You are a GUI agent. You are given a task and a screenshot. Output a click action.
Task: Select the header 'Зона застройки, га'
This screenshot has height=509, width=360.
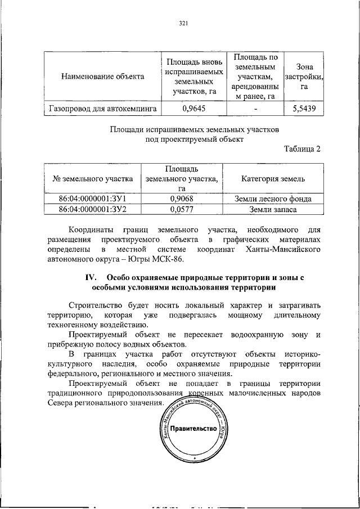point(304,75)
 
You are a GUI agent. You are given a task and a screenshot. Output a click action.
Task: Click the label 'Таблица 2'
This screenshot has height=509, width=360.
point(301,149)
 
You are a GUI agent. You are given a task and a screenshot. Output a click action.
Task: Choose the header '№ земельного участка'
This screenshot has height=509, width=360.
point(92,179)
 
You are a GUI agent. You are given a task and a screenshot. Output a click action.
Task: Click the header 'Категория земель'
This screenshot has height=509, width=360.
point(273,179)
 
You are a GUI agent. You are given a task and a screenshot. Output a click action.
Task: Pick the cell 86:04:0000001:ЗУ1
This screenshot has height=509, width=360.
point(92,199)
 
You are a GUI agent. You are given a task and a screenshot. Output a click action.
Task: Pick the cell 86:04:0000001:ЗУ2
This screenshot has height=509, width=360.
point(92,209)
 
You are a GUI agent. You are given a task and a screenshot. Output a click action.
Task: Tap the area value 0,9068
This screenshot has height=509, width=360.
point(182,199)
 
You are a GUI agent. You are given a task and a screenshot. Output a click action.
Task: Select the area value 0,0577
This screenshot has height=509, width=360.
point(182,209)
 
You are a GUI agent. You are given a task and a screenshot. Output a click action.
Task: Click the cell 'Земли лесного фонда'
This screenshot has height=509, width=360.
point(273,199)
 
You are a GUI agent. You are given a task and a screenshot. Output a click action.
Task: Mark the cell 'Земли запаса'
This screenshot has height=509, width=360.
point(273,209)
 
